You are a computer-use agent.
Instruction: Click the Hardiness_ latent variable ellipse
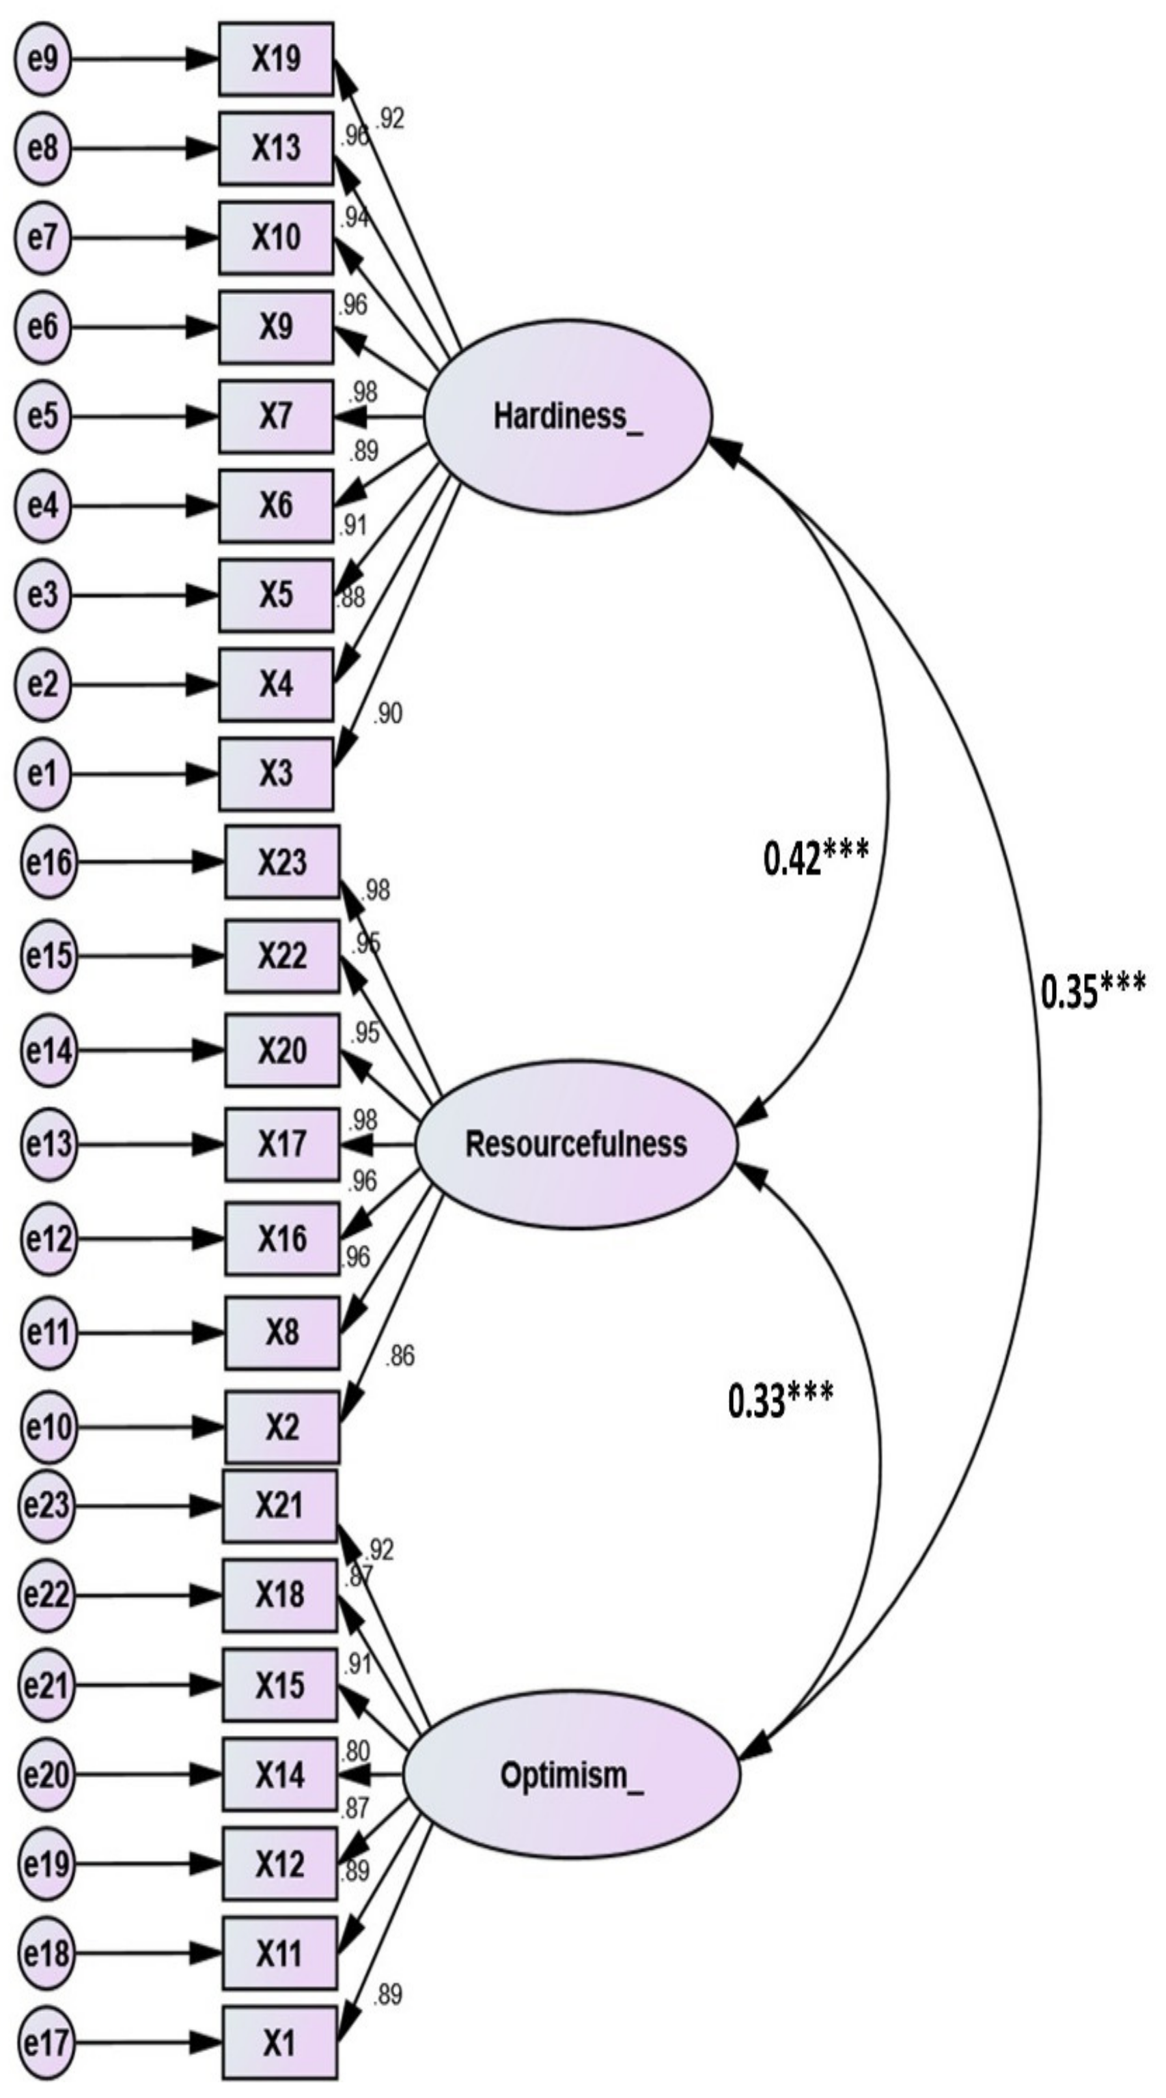568,416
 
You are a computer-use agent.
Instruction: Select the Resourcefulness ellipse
575,1145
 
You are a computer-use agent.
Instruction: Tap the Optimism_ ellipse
570,1776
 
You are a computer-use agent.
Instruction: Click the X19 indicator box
276,59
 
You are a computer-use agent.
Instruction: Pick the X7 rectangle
276,416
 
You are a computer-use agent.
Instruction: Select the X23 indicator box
282,862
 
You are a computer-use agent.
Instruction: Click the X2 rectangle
282,1427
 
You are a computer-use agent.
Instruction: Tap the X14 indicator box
279,1775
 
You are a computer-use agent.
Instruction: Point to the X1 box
279,2042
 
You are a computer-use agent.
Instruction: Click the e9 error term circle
42,59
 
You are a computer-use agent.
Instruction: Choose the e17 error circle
46,2043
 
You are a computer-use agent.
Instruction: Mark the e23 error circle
46,1505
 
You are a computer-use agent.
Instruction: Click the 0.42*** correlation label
816,858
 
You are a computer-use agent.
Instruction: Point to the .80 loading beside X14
356,1750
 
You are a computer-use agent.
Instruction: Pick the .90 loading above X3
387,714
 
